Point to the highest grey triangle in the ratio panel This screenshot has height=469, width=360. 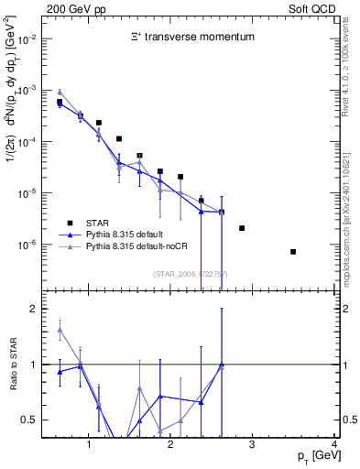coord(60,330)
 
